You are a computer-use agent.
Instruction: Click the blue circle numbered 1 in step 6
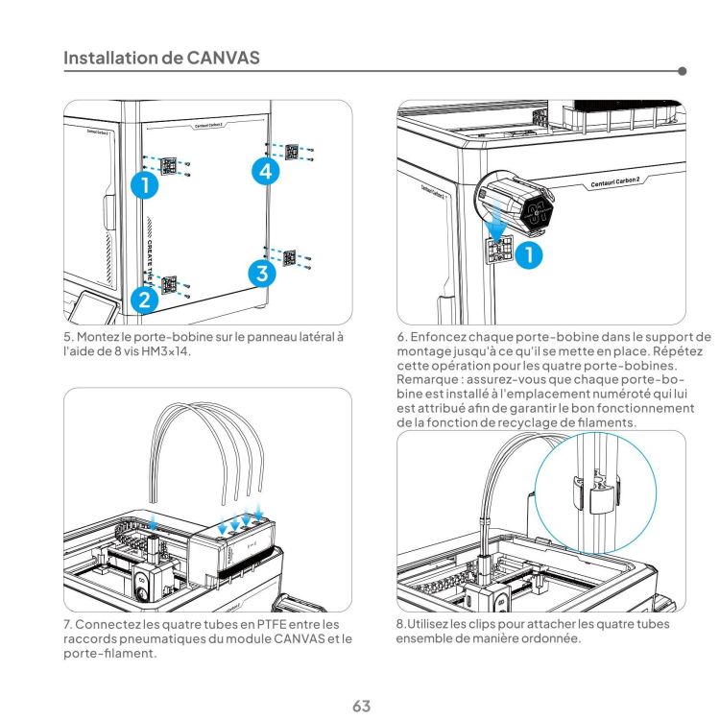click(x=527, y=254)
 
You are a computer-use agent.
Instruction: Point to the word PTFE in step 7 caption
click(x=257, y=625)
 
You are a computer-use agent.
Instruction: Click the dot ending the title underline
click(x=682, y=70)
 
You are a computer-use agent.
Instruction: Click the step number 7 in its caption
click(x=66, y=625)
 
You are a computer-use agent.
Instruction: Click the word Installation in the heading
click(x=110, y=58)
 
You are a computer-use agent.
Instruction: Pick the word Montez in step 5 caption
click(x=99, y=338)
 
